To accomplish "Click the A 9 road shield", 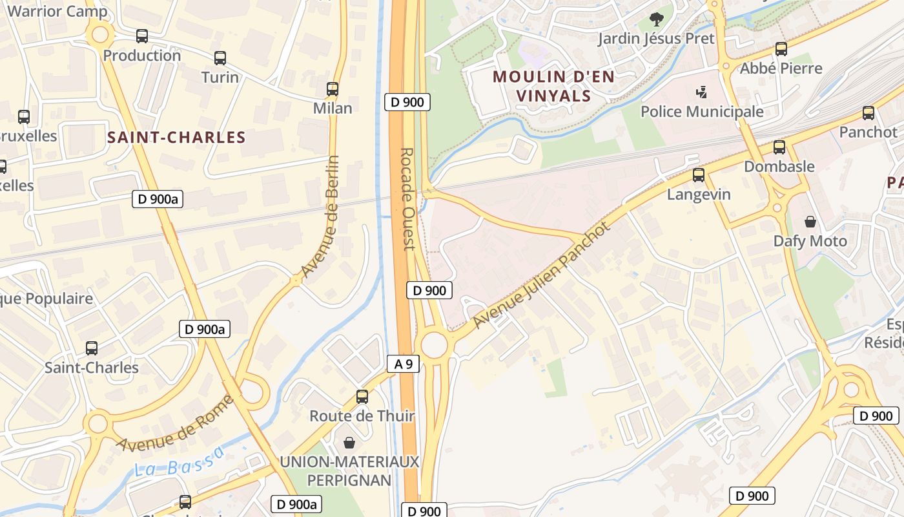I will pos(404,364).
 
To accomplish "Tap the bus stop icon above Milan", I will pos(333,89).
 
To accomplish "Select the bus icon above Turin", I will pos(220,58).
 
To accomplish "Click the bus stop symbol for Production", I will pos(142,36).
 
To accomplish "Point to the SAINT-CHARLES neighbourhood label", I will pos(176,137).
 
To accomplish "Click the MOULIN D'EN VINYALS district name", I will pos(553,86).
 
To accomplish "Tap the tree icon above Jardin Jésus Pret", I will pos(656,19).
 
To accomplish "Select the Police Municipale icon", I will pos(702,92).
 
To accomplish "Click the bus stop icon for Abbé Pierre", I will pos(781,49).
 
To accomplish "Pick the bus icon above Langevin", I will pos(699,175).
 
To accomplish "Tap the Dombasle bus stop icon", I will pos(779,147).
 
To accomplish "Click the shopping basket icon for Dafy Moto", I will pos(810,222).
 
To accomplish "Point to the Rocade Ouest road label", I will pos(407,199).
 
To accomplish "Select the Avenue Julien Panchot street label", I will pos(541,276).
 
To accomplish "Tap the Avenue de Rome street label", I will pos(174,423).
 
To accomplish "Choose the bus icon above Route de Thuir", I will pos(362,396).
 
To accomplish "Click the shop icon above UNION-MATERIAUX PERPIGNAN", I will pos(349,443).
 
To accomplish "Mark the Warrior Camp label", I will pos(57,11).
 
